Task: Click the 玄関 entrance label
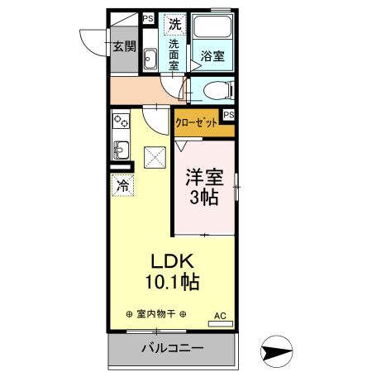tap(125, 46)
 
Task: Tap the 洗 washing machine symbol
tap(174, 24)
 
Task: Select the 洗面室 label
tap(175, 55)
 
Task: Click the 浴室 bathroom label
tap(212, 56)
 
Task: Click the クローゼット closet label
tap(197, 122)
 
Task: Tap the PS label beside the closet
tap(228, 115)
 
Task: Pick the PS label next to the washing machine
tap(148, 18)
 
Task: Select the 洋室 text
tap(203, 178)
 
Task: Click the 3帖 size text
tap(203, 198)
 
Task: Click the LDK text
tap(172, 260)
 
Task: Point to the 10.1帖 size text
tap(172, 282)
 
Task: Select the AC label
tap(220, 315)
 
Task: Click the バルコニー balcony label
tap(172, 348)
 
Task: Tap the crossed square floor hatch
tap(155, 155)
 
